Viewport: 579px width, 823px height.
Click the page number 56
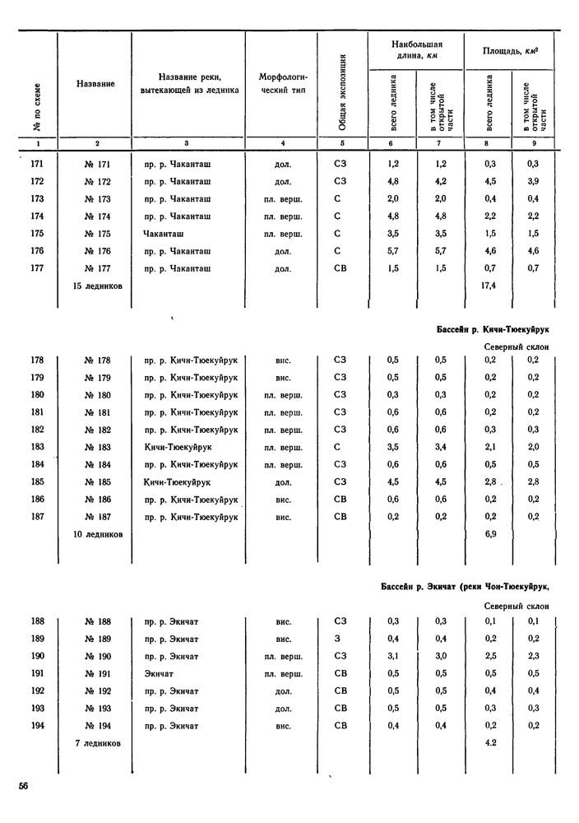[x=25, y=787]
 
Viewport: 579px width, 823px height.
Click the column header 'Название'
[x=95, y=83]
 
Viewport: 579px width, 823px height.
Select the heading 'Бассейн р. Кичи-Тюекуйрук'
[x=492, y=330]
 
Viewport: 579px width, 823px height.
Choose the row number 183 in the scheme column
[x=37, y=447]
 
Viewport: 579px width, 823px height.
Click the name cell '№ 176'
[x=98, y=250]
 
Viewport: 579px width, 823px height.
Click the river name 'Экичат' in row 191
[x=160, y=673]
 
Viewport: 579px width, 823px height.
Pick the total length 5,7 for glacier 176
[x=392, y=250]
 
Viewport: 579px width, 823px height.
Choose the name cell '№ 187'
[x=98, y=517]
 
